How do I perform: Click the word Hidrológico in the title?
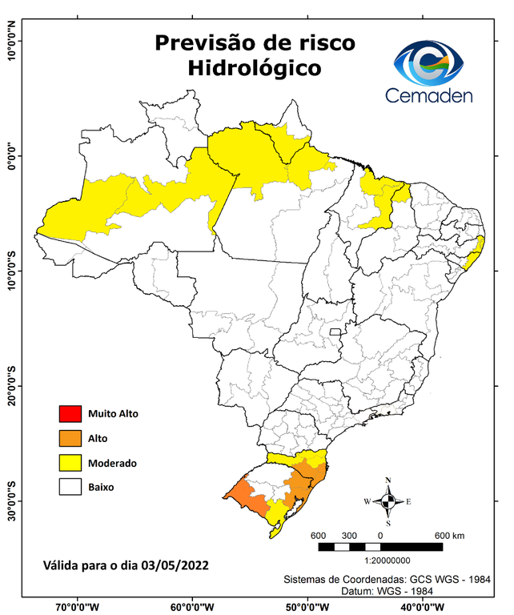coord(254,69)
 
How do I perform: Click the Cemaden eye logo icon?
coord(430,63)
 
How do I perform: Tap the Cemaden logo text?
coord(429,95)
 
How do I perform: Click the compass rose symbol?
coord(388,501)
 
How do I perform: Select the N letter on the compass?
coord(388,480)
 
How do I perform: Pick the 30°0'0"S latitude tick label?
coord(11,500)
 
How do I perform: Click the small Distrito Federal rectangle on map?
coord(336,331)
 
